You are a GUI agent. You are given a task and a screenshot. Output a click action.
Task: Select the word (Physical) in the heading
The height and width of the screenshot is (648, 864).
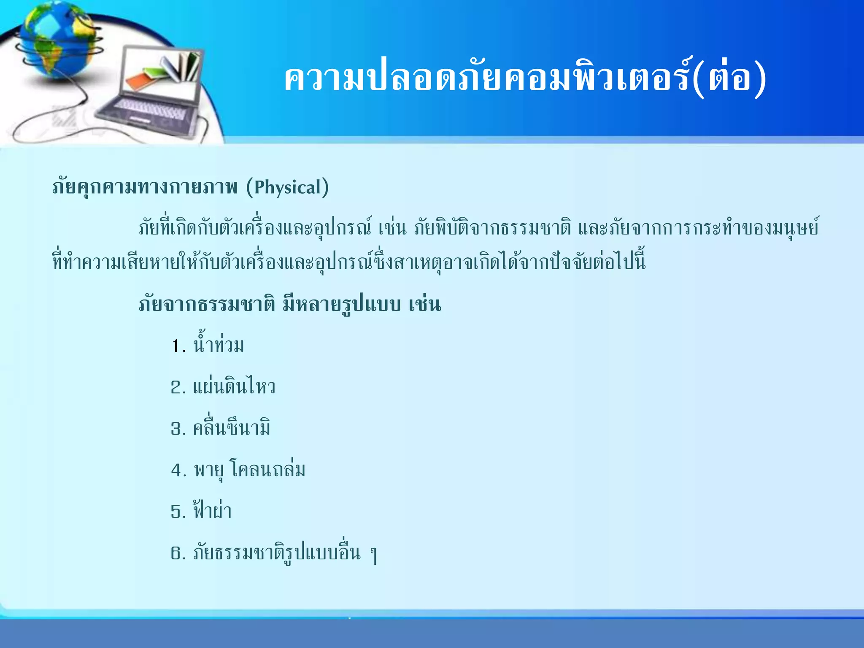[287, 188]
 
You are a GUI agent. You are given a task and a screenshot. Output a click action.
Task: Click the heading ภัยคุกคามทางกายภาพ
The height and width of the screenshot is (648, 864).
[145, 188]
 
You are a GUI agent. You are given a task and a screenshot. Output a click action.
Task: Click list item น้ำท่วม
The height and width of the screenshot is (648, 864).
[219, 345]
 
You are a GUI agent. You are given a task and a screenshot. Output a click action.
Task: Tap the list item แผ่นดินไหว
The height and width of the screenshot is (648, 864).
[234, 387]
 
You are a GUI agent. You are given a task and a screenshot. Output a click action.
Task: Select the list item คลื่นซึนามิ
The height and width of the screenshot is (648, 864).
[231, 428]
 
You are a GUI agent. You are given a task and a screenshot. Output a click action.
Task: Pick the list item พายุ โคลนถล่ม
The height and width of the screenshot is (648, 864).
[249, 470]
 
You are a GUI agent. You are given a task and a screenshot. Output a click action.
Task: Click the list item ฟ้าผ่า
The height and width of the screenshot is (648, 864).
[212, 511]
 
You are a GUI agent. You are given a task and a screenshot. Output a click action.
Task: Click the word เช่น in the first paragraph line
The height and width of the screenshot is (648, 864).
[392, 228]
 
